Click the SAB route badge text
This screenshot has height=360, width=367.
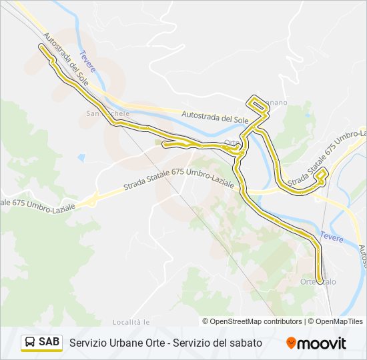click(x=49, y=343)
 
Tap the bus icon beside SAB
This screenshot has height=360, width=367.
click(x=30, y=343)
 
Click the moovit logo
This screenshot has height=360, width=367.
click(x=316, y=343)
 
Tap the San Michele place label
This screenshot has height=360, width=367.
click(x=107, y=114)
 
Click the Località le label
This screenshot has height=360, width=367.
click(x=131, y=322)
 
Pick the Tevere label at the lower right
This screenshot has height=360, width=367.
click(x=331, y=235)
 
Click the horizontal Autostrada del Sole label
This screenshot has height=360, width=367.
click(x=214, y=117)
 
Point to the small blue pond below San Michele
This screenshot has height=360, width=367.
click(x=81, y=158)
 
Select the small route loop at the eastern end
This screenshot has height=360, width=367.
click(x=322, y=176)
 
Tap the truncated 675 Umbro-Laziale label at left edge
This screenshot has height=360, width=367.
click(x=37, y=203)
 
